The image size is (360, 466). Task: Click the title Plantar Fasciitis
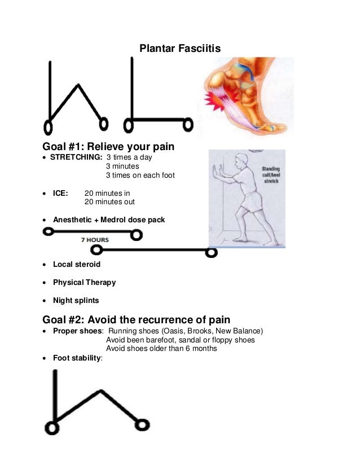180,50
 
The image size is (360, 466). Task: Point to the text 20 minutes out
109,202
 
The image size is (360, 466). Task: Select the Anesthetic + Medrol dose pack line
109,219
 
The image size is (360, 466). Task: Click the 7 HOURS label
95,240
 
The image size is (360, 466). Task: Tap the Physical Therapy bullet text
84,282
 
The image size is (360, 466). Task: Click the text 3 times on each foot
141,175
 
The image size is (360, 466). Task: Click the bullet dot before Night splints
45,301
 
